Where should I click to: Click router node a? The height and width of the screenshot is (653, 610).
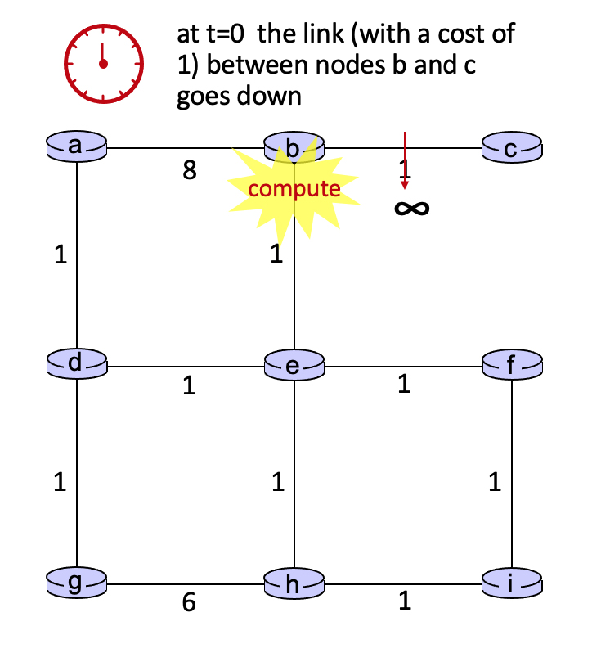(77, 146)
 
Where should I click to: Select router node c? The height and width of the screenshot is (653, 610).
(512, 147)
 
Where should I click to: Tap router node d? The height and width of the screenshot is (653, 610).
(77, 364)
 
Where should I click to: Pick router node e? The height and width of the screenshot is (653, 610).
(294, 365)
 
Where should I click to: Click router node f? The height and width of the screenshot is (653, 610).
(512, 365)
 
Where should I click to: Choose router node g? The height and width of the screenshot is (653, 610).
(77, 583)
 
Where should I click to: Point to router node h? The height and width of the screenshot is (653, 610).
(294, 583)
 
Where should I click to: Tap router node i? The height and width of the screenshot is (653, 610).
(512, 583)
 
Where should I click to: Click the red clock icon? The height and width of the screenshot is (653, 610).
(104, 63)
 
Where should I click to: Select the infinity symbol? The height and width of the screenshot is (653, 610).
(411, 208)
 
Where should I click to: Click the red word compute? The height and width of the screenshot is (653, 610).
(294, 189)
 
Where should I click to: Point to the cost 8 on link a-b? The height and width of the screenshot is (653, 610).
(190, 170)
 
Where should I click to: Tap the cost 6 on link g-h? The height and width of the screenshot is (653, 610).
(189, 602)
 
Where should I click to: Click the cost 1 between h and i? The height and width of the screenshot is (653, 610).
(405, 601)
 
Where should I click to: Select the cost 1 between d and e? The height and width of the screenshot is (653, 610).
(189, 385)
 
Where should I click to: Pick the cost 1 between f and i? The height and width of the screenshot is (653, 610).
(495, 482)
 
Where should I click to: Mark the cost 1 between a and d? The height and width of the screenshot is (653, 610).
(61, 254)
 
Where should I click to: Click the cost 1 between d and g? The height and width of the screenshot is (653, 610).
(60, 482)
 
